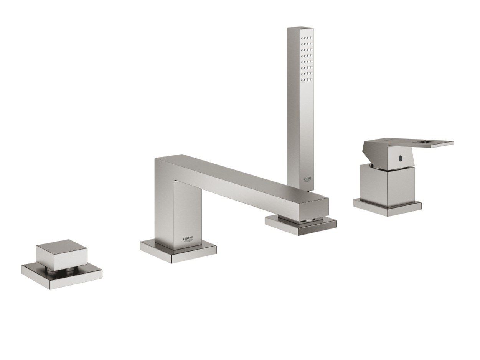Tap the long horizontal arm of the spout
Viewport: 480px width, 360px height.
(x=246, y=180)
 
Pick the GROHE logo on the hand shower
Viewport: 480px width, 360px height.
(x=308, y=179)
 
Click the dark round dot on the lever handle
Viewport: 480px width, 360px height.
(x=400, y=157)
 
